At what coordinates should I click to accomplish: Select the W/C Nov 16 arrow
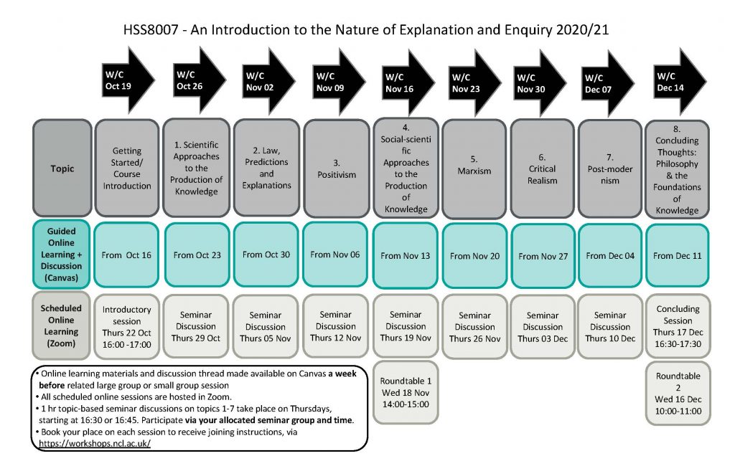[407, 82]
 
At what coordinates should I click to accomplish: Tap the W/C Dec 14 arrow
[678, 81]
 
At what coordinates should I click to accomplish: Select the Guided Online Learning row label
[61, 255]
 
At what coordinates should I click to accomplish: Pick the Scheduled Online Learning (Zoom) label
[61, 326]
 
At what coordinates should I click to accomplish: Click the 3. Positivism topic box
[336, 168]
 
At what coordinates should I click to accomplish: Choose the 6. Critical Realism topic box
[542, 169]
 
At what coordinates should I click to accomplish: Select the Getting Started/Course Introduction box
[127, 168]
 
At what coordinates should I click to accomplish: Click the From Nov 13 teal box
[406, 255]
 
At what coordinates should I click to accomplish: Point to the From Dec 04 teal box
[610, 255]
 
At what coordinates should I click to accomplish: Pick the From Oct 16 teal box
[127, 255]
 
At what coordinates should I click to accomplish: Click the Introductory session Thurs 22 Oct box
[127, 326]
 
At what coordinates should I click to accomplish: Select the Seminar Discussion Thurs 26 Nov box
[474, 327]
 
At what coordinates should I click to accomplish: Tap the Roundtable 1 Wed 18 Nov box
[406, 393]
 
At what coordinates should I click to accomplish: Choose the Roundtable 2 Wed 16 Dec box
[678, 393]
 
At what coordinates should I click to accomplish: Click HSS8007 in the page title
[150, 32]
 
